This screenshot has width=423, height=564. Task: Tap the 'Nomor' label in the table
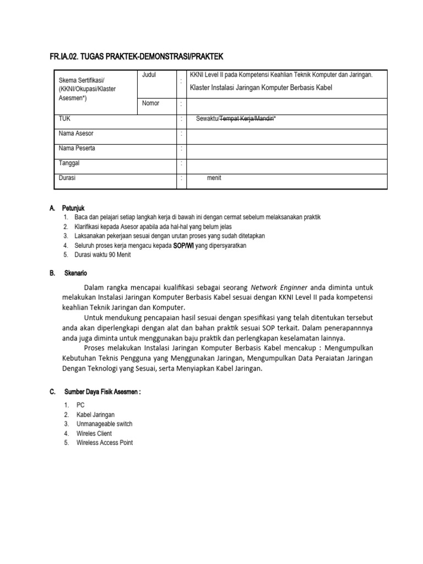click(151, 104)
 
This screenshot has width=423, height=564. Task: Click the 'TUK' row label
click(64, 118)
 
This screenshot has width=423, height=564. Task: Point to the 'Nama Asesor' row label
click(76, 133)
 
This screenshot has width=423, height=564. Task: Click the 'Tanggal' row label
click(70, 163)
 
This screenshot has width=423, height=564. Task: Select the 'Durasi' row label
click(67, 178)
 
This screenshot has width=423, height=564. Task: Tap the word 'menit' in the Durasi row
click(214, 178)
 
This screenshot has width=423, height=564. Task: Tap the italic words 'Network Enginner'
click(280, 287)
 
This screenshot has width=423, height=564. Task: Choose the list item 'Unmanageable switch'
click(104, 424)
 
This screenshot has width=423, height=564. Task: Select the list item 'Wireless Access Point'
click(105, 442)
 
